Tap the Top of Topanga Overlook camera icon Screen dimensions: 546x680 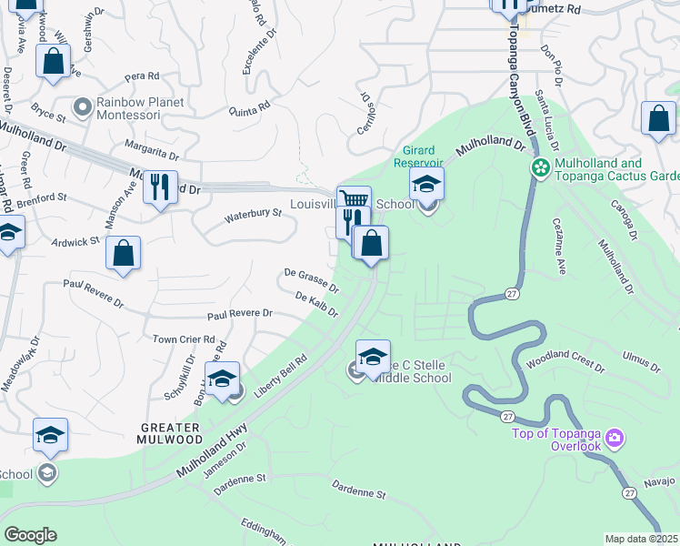coord(615,440)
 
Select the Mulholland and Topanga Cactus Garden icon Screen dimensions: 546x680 coord(540,167)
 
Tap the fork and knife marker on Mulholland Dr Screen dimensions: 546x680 coord(160,187)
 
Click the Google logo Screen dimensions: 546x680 coord(30,535)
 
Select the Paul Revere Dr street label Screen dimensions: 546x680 coord(239,314)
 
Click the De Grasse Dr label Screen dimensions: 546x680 coord(311,278)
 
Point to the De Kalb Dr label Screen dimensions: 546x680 coord(316,304)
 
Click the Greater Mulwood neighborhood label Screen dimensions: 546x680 coord(170,433)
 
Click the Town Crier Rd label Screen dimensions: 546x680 coord(184,339)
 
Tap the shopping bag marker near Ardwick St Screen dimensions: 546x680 coord(123,254)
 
